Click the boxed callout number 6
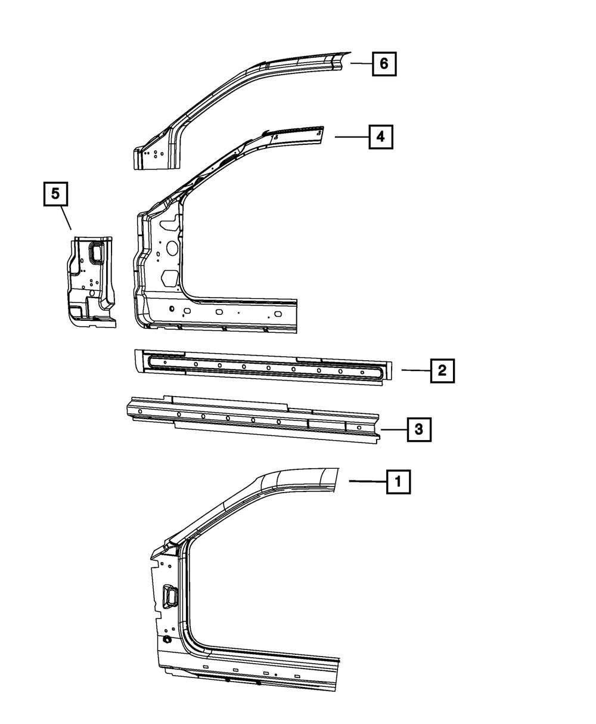click(384, 63)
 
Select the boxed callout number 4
click(381, 137)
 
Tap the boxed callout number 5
click(55, 195)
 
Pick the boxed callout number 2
click(442, 370)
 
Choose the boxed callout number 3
click(418, 429)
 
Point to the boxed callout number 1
click(398, 481)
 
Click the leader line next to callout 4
click(352, 137)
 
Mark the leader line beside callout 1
click(367, 481)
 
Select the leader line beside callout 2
click(415, 370)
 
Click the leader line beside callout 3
click(393, 429)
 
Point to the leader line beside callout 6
click(361, 63)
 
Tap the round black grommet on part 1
click(167, 639)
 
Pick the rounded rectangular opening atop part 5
click(95, 252)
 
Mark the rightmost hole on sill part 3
click(359, 428)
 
